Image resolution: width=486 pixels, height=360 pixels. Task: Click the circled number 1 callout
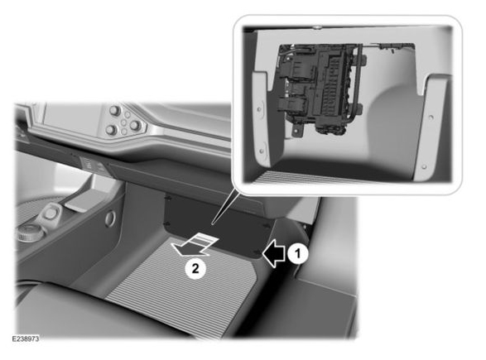pos(297,254)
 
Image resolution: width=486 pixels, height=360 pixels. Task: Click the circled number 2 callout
pos(195,268)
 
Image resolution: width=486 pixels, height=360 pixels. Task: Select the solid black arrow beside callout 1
pos(274,254)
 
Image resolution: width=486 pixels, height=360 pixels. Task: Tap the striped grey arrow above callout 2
pos(195,245)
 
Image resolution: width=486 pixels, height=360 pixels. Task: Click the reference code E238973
pos(26,339)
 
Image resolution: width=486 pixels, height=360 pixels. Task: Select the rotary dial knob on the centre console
pos(29,233)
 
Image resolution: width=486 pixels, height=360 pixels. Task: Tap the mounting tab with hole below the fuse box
pos(298,130)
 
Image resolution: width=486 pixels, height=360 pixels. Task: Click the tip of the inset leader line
pos(212,223)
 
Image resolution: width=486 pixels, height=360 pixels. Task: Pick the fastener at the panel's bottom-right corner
pos(257,252)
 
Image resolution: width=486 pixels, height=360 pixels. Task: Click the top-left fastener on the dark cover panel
pos(169,197)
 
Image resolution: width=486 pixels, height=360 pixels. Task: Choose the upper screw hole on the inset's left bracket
pos(259,109)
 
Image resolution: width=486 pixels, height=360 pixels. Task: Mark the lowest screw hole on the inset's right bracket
pos(424,166)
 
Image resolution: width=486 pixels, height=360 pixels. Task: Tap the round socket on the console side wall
pos(110,218)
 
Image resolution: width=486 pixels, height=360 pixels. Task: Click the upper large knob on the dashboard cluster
pos(114,110)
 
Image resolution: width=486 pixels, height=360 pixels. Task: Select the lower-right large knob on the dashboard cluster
pos(136,126)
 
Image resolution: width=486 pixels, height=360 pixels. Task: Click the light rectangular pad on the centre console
pos(79,202)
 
